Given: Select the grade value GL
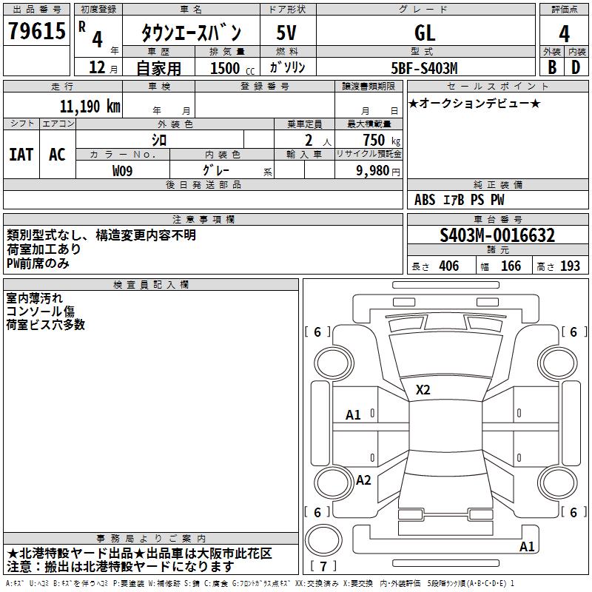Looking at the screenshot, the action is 425,33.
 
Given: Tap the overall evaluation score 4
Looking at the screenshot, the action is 564,34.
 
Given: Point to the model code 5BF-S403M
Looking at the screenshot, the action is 425,67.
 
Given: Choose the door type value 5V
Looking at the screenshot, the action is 287,33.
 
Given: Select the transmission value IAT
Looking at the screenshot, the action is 21,155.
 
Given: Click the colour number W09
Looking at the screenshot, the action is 123,170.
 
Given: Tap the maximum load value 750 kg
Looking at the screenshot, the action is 378,140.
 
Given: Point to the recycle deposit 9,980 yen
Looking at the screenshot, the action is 378,171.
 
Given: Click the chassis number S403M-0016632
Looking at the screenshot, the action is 497,236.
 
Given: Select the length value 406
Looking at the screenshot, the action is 448,266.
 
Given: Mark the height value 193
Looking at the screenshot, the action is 570,266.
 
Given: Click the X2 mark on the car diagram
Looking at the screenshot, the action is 423,390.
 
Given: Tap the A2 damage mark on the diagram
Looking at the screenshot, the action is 363,480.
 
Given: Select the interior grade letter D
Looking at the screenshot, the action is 576,67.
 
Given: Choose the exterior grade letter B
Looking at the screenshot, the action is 551,67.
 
